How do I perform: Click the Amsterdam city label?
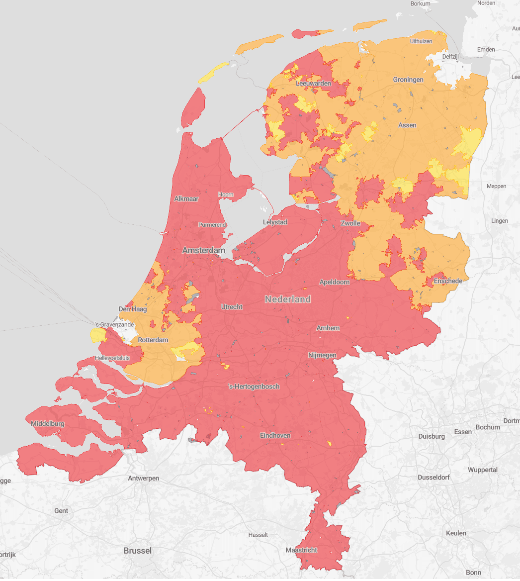(x=203, y=251)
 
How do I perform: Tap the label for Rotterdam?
(x=153, y=340)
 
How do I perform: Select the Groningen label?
(x=408, y=80)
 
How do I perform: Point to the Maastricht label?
(x=301, y=550)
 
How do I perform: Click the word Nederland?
(x=288, y=299)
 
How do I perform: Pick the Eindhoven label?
(x=275, y=436)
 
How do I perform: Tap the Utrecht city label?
(x=232, y=307)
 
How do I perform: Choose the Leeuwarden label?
(x=313, y=84)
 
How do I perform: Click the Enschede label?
(x=448, y=281)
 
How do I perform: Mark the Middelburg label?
(x=48, y=424)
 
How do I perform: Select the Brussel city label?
(x=138, y=551)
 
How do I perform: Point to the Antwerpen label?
(x=144, y=479)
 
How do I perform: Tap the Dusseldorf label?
(x=433, y=477)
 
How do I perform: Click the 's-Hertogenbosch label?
(x=254, y=387)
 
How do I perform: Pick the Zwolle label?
(x=350, y=223)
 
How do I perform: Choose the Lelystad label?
(x=275, y=222)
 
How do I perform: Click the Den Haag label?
(x=133, y=309)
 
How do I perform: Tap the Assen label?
(x=407, y=125)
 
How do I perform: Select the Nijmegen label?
(x=322, y=355)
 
